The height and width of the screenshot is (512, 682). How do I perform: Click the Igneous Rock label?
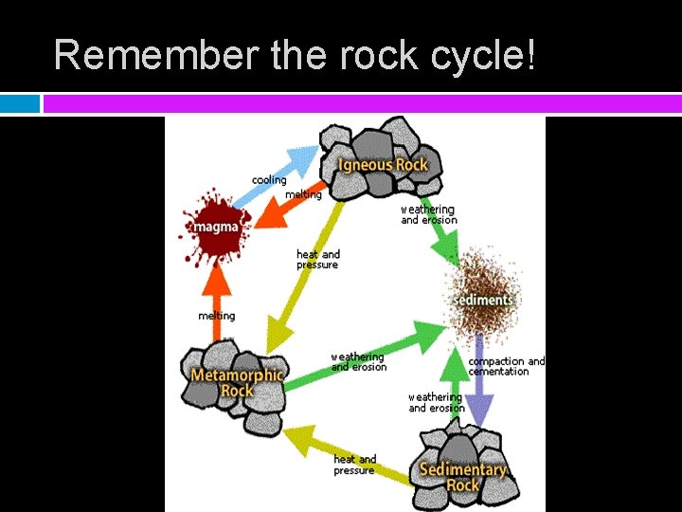pyautogui.click(x=383, y=164)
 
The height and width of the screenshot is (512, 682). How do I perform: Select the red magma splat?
pyautogui.click(x=215, y=226)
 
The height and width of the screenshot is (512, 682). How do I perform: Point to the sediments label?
pyautogui.click(x=484, y=300)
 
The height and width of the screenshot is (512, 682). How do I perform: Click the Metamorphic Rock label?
pyautogui.click(x=236, y=382)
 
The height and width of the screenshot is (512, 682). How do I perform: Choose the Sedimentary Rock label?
pyautogui.click(x=463, y=477)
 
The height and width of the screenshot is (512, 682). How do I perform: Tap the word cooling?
pyautogui.click(x=269, y=180)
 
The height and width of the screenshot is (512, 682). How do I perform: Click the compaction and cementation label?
pyautogui.click(x=507, y=366)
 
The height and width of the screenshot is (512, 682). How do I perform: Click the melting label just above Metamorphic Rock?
pyautogui.click(x=217, y=316)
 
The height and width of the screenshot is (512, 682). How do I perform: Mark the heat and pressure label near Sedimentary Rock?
pyautogui.click(x=354, y=465)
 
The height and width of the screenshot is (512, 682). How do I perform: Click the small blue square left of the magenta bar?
pyautogui.click(x=20, y=102)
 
